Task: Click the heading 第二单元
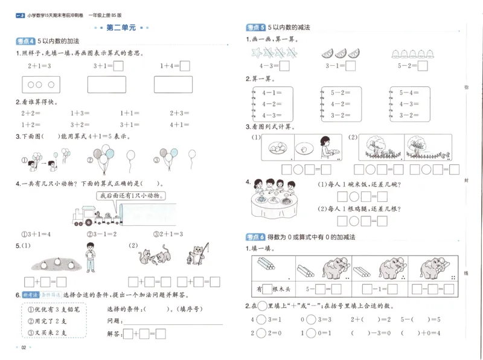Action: tap(121, 28)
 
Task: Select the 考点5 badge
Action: tap(255, 28)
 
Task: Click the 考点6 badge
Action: tap(255, 237)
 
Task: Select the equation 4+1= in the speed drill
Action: tap(180, 124)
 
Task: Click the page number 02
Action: tap(24, 347)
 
